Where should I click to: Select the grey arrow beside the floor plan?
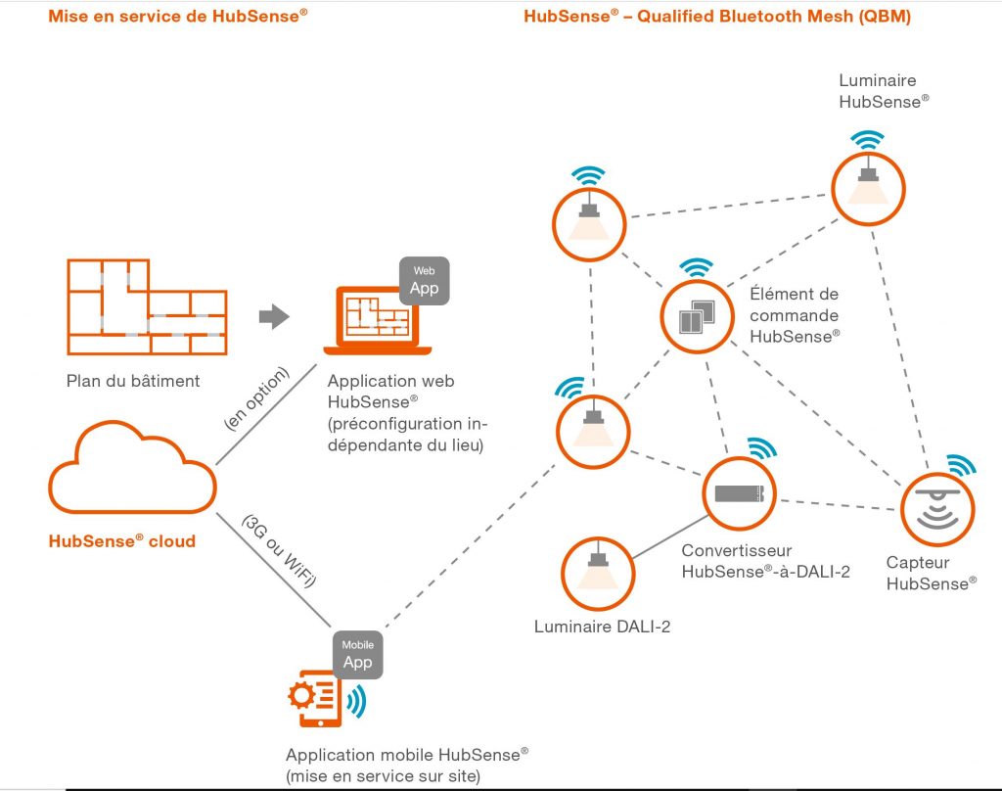pos(274,316)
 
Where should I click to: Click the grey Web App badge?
pos(424,281)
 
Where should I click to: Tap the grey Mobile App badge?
pos(357,654)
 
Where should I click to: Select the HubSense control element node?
pos(697,317)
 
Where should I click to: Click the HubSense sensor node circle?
pos(936,509)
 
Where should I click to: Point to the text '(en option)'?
pos(257,397)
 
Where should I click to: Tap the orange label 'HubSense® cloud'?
pos(121,540)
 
